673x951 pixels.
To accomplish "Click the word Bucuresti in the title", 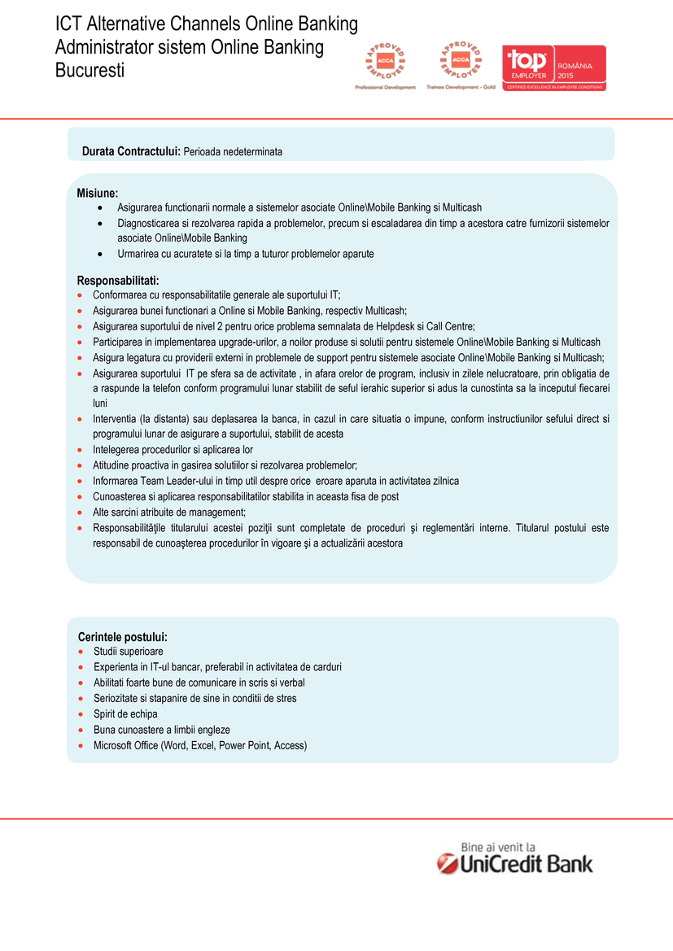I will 90,70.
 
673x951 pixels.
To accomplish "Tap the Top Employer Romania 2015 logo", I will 553,68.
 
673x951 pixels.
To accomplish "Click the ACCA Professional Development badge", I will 385,65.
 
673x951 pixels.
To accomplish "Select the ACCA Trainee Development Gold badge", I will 461,65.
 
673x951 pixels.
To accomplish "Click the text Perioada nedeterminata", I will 233,152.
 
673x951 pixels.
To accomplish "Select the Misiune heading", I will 98,193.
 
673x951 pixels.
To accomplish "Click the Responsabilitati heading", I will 117,281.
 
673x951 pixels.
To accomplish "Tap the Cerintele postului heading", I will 122,636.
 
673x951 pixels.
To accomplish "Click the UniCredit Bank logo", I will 515,863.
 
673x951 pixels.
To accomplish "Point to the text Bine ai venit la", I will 498,846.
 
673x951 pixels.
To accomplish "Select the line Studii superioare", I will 128,652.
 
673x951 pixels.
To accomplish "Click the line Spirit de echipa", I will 125,714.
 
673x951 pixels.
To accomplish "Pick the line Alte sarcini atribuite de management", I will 169,512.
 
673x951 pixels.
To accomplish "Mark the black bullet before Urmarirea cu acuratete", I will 100,254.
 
